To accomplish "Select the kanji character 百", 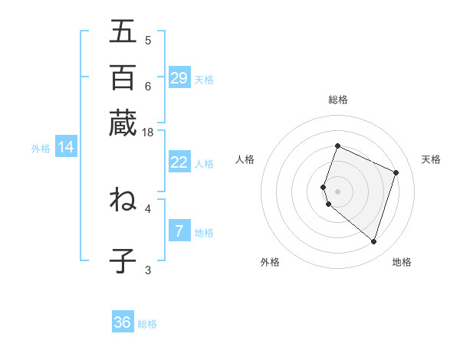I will tap(123, 77).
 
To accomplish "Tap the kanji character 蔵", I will tap(123, 123).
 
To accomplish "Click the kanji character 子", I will tap(123, 260).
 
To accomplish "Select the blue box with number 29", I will tap(179, 78).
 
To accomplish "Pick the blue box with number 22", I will tap(179, 162).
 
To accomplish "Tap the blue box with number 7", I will tap(179, 231).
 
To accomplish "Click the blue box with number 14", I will tap(66, 148).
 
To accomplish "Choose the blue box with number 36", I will tap(123, 322).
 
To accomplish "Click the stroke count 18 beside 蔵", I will tap(148, 133).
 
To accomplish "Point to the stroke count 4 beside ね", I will tap(148, 208).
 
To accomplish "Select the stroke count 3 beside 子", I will tap(148, 269).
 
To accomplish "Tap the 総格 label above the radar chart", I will tap(338, 100).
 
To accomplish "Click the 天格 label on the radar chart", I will tap(431, 159).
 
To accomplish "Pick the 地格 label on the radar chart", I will tap(402, 262).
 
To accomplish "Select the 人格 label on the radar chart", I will tap(245, 159).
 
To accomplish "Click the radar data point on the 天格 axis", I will tap(396, 172).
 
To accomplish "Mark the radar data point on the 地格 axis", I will tap(373, 242).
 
